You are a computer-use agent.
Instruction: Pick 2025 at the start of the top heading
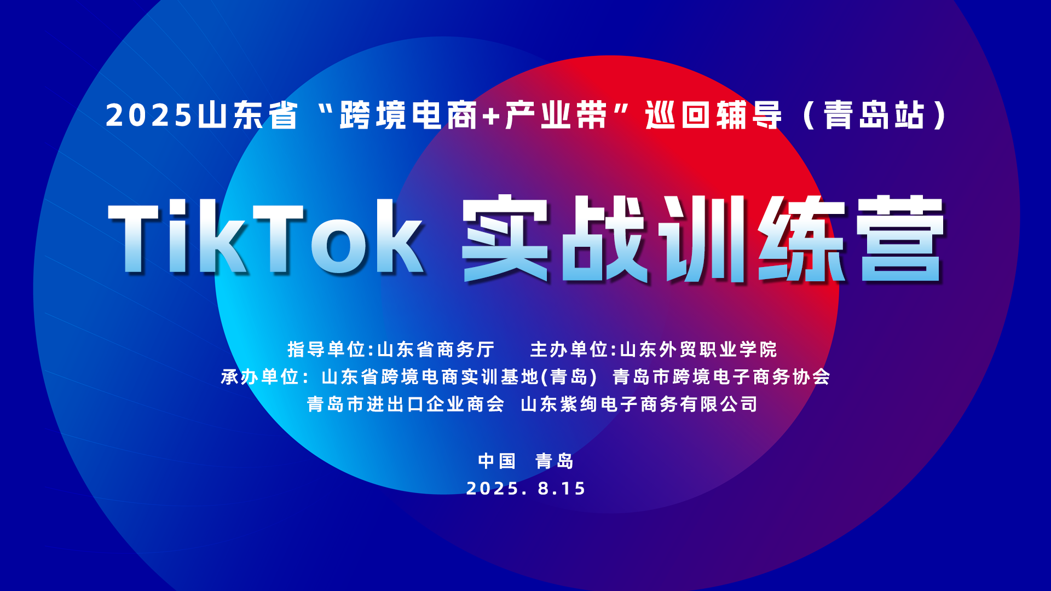(x=149, y=115)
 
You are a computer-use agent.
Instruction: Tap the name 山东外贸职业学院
(x=698, y=349)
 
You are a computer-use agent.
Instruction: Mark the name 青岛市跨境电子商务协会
(x=721, y=376)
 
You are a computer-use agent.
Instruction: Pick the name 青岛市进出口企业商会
(x=406, y=404)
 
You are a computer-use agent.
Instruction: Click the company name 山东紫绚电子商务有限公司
(x=639, y=404)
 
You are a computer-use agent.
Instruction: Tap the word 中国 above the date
(x=497, y=461)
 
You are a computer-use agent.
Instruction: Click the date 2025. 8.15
(x=525, y=488)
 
